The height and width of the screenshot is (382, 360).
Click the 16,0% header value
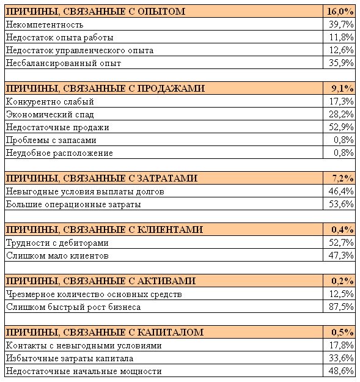coord(340,12)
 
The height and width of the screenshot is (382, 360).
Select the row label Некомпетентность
coord(45,24)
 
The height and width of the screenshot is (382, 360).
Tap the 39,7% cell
coord(341,24)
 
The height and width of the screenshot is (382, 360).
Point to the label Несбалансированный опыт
coord(64,63)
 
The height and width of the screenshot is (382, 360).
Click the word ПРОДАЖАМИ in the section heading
coord(171,89)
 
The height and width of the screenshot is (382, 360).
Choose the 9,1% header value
coord(342,89)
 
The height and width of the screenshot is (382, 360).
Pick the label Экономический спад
coord(50,114)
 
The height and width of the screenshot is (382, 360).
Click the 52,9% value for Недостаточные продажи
coord(341,127)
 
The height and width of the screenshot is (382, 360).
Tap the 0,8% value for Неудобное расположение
coord(343,153)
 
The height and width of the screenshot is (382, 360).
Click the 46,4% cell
coord(341,191)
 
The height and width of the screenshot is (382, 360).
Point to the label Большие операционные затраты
coord(73,204)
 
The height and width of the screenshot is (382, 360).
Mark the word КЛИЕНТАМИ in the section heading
coord(170,230)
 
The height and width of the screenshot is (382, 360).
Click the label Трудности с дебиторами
coord(57,243)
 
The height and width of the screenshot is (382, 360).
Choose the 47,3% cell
coord(341,255)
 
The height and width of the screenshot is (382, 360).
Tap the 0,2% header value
coord(342,281)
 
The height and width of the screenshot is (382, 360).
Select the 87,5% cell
coord(341,307)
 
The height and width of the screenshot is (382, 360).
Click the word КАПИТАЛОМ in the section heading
coord(171,332)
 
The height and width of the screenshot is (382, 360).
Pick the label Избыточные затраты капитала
coord(70,358)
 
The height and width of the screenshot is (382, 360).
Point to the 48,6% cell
coord(341,371)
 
